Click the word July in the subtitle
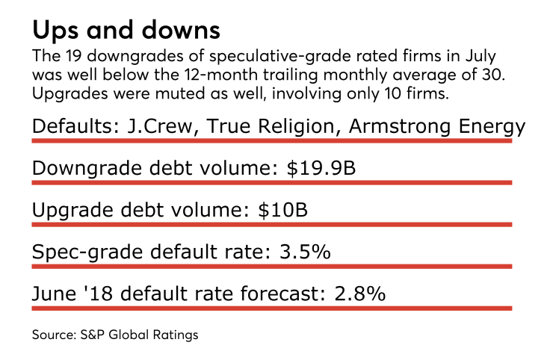(x=475, y=58)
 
